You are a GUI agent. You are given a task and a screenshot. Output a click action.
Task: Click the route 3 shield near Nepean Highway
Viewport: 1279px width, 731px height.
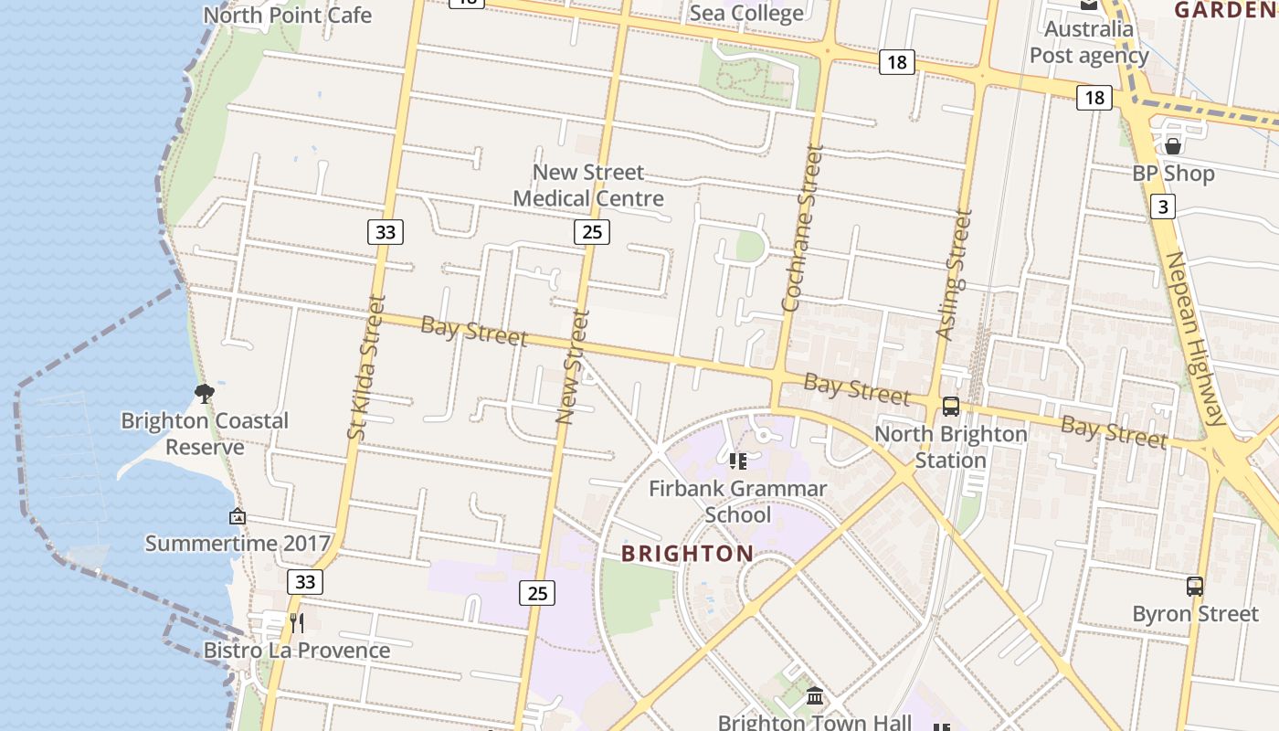pos(1162,207)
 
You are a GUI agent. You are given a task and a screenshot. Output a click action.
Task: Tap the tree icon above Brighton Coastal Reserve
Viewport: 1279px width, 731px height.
pos(205,394)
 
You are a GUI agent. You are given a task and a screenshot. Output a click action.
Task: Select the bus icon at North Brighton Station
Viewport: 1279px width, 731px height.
pos(951,407)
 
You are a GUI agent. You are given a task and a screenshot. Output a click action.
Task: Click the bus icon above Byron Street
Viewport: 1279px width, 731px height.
pos(1194,587)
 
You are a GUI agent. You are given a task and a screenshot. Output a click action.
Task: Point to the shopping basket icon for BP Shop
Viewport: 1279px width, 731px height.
pos(1173,146)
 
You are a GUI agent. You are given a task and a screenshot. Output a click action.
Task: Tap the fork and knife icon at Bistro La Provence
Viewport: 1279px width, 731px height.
pos(296,623)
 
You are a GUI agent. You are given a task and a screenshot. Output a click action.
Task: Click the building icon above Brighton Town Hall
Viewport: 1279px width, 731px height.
pos(815,697)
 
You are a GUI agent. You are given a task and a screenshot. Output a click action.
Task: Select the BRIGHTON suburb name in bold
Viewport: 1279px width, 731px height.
pos(687,554)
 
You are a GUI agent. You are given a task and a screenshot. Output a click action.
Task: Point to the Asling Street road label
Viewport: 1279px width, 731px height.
pos(953,275)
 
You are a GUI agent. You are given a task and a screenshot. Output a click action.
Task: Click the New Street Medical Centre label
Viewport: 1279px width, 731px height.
pos(588,185)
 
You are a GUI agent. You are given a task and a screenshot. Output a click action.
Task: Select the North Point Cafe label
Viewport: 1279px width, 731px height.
pos(287,16)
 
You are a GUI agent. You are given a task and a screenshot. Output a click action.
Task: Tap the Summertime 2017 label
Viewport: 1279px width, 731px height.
pos(238,544)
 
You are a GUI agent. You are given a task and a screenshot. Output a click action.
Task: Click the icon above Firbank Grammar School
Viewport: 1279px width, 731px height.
pos(737,461)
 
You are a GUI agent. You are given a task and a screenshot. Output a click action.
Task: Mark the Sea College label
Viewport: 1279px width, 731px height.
pos(746,13)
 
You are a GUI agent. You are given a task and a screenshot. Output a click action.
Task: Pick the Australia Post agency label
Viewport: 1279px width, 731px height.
pos(1089,42)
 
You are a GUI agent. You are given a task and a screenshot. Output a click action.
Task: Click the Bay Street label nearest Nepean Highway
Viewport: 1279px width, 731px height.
pos(1114,431)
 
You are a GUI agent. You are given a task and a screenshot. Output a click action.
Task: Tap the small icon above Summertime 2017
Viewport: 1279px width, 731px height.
pos(238,516)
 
